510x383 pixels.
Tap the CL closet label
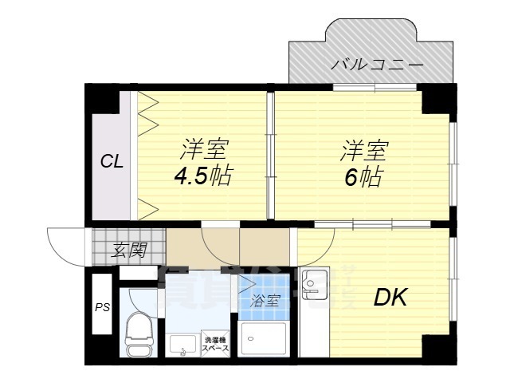111,162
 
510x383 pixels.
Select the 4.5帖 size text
204,175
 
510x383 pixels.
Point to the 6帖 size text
362,176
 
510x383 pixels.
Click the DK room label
391,299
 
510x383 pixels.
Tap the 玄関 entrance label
127,250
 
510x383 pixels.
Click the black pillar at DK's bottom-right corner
436,348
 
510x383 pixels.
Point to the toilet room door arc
143,297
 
